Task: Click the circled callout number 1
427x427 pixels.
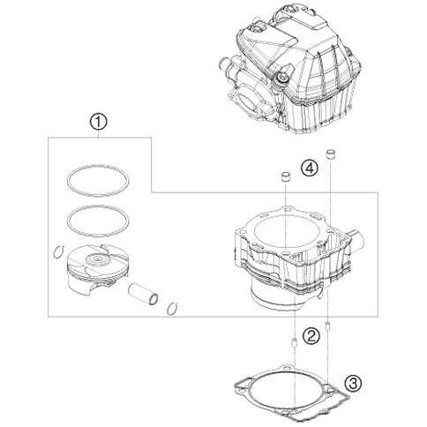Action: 99,123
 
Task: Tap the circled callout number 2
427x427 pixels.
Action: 311,335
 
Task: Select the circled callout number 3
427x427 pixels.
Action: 353,383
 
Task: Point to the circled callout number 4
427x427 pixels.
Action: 310,169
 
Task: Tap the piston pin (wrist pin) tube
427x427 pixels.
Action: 143,295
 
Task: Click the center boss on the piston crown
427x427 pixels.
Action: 96,259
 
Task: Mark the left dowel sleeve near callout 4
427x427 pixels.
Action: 285,176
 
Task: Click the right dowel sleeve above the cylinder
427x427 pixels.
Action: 331,154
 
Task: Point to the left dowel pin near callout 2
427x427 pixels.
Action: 294,343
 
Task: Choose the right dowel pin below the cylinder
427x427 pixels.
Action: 327,326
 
